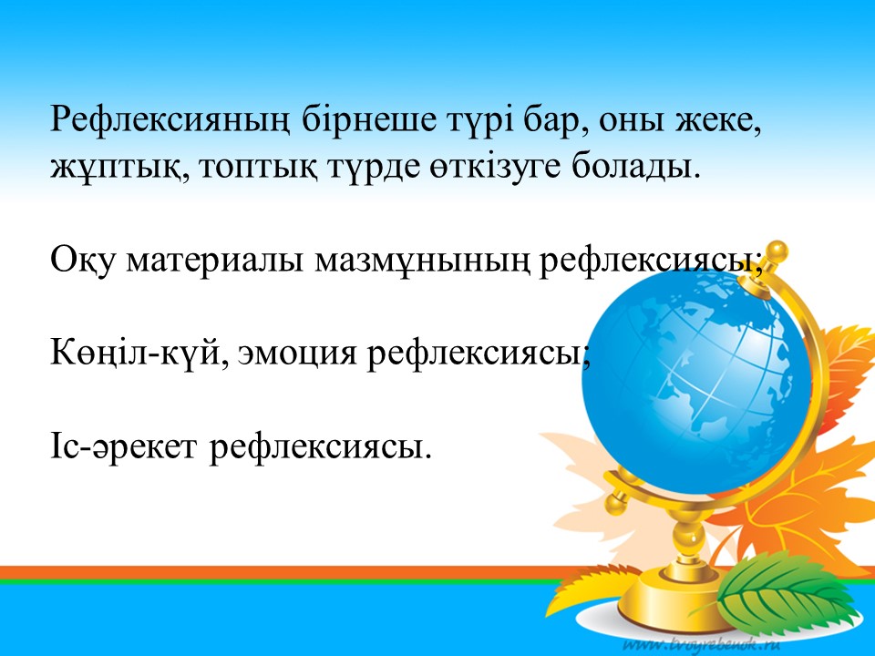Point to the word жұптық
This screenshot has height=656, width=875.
click(x=120, y=167)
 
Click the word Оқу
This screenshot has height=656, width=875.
click(x=83, y=261)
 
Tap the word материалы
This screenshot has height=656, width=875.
click(x=215, y=261)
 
